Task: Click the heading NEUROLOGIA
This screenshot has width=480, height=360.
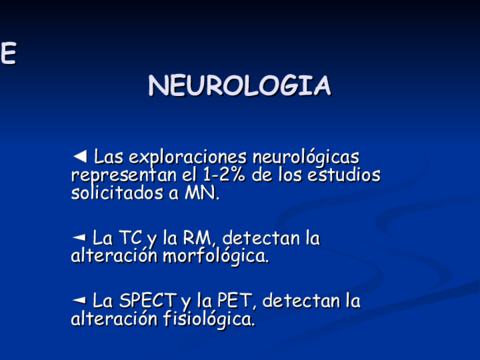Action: pyautogui.click(x=239, y=86)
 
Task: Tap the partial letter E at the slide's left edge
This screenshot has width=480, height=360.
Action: pyautogui.click(x=7, y=54)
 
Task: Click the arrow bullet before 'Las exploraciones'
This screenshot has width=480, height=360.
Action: pyautogui.click(x=80, y=157)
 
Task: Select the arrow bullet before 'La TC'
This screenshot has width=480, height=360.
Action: pyautogui.click(x=79, y=238)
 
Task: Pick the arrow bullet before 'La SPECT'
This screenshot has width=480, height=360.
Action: pyautogui.click(x=79, y=300)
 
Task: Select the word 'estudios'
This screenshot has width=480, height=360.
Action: pyautogui.click(x=343, y=175)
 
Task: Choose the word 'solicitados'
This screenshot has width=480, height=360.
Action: pyautogui.click(x=113, y=192)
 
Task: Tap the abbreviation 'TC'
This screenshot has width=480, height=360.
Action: pyautogui.click(x=131, y=239)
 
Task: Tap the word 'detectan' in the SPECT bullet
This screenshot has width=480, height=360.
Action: pyautogui.click(x=298, y=301)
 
